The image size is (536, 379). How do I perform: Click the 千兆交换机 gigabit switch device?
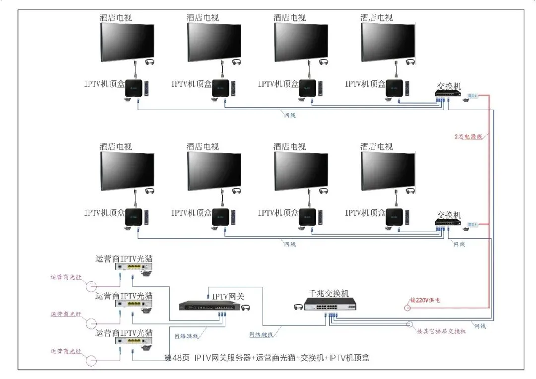pyautogui.click(x=331, y=305)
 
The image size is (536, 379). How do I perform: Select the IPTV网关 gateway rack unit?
pyautogui.click(x=212, y=306)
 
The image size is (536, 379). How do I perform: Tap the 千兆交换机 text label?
pyautogui.click(x=329, y=293)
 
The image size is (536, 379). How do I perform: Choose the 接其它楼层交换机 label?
pyautogui.click(x=441, y=331)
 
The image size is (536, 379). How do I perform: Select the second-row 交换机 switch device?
pyautogui.click(x=449, y=223)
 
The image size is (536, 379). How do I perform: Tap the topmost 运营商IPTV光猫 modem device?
pyautogui.click(x=134, y=267)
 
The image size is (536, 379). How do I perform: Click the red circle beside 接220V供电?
pyautogui.click(x=407, y=308)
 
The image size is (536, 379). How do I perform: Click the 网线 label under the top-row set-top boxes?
pyautogui.click(x=290, y=115)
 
